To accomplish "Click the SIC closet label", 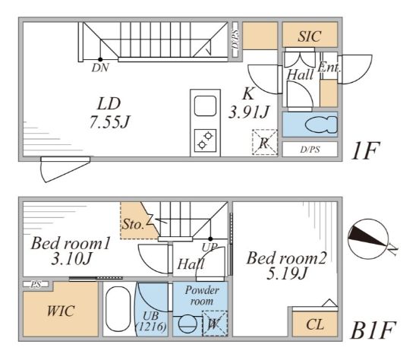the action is [310, 36].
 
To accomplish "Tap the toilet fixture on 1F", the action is [321, 125].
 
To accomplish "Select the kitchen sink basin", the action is [205, 106].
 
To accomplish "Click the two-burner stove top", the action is [205, 141].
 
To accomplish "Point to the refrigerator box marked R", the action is [265, 142].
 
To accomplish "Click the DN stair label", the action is [100, 68].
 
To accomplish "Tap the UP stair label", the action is [209, 247].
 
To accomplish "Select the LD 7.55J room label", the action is [109, 113].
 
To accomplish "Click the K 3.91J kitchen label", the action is [248, 103].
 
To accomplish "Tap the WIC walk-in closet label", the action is [61, 311].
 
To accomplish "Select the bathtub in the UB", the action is [118, 309].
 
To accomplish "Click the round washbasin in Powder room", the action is [187, 324].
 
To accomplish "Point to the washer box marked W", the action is [215, 324].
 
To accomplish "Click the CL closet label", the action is [315, 324].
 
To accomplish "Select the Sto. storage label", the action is [133, 224].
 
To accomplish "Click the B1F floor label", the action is [373, 330].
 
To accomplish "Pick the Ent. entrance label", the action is [329, 68].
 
